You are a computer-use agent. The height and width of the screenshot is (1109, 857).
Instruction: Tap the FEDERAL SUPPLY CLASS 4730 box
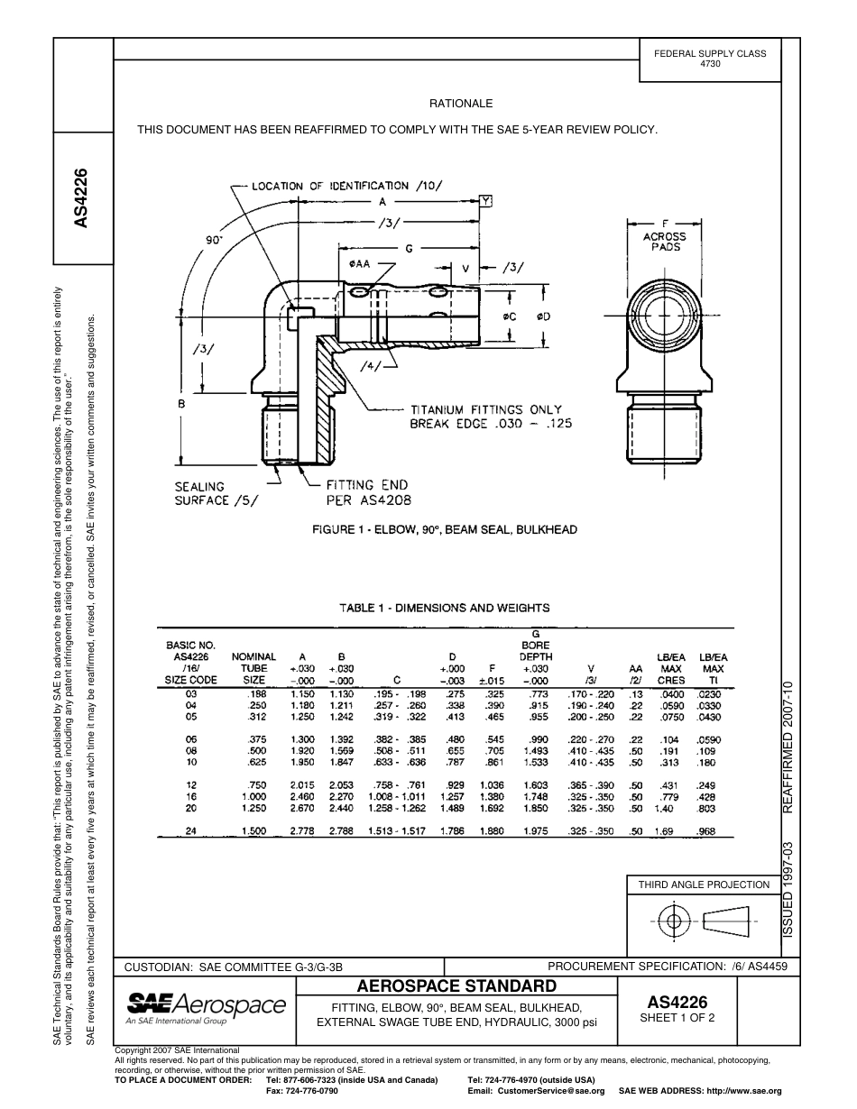point(710,59)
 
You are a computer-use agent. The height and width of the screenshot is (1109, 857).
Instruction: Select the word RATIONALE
point(460,104)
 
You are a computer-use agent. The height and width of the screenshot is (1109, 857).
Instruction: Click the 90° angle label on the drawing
point(214,240)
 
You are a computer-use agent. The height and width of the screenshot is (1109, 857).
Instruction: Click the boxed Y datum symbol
point(486,201)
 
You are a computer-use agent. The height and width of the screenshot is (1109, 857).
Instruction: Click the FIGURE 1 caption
point(445,529)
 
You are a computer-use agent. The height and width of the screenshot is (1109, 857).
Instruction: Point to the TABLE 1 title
point(445,608)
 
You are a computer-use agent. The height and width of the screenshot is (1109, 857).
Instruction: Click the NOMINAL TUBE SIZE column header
point(254,668)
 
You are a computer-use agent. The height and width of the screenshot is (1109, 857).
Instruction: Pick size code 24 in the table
point(190,830)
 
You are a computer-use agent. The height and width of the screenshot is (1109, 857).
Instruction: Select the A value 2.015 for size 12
point(302,785)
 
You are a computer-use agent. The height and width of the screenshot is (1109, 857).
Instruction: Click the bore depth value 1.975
point(536,830)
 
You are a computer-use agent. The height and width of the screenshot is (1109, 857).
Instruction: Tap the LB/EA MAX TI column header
point(713,668)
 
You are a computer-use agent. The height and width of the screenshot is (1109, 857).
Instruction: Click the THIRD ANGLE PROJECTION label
point(704,884)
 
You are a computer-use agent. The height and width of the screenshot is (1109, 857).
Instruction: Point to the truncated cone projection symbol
point(728,921)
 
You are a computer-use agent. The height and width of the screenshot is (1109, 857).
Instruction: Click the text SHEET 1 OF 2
point(677,1019)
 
